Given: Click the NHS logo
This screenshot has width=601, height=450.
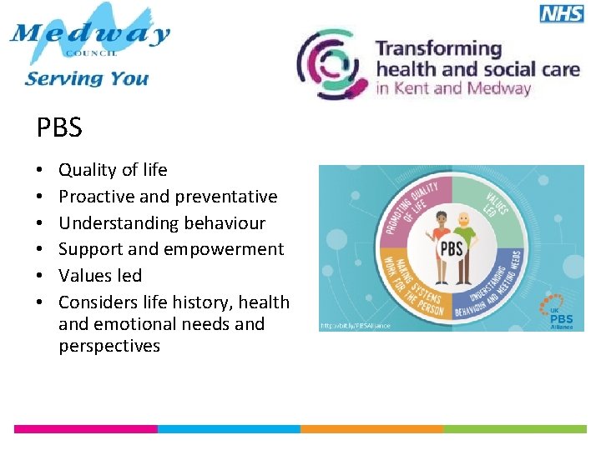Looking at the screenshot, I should click(562, 12).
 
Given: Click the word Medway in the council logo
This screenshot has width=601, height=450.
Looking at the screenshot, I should click(89, 34).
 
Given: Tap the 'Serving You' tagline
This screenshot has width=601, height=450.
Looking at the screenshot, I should click(87, 79).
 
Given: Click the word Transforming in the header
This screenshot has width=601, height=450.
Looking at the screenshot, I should click(438, 48).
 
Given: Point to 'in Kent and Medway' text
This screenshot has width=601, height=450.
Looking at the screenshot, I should click(453, 88).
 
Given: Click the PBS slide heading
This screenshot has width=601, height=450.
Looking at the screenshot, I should click(59, 127).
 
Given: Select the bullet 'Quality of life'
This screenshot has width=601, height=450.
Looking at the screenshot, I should click(113, 170).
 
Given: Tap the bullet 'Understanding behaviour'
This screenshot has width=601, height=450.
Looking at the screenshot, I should click(161, 223).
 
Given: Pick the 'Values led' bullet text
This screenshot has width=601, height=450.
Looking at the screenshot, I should click(100, 276).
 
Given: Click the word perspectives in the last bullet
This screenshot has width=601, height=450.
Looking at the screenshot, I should click(109, 346).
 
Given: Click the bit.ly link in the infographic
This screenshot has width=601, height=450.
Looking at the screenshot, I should click(355, 325).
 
